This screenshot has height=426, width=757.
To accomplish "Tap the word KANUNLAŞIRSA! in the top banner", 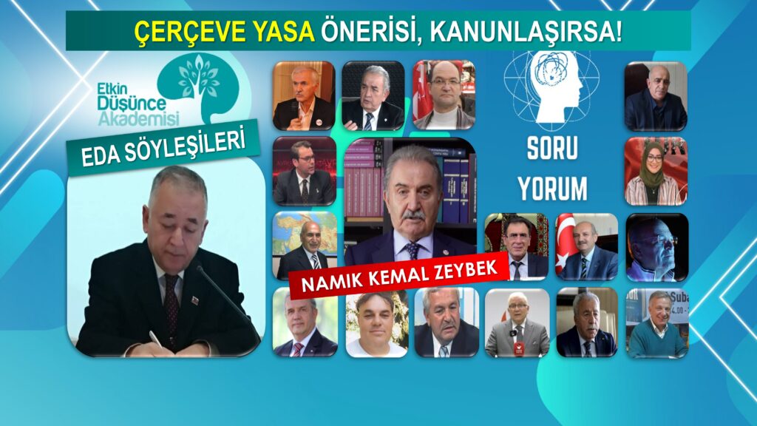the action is click(x=526, y=31).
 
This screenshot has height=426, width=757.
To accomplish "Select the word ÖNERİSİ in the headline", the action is click(x=370, y=32).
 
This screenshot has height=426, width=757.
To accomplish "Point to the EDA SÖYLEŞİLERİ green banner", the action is click(x=163, y=147).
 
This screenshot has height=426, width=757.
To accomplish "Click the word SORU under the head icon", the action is click(x=552, y=148).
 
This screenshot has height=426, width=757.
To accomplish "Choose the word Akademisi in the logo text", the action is click(x=138, y=118).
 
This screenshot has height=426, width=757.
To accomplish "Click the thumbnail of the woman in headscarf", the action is click(x=656, y=171).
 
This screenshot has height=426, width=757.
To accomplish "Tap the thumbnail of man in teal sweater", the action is click(x=656, y=323).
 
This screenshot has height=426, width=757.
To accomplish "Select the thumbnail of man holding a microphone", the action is click(x=304, y=95).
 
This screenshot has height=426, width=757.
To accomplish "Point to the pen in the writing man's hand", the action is click(x=155, y=339).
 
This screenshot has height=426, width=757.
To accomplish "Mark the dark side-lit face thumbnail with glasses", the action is click(x=657, y=247).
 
